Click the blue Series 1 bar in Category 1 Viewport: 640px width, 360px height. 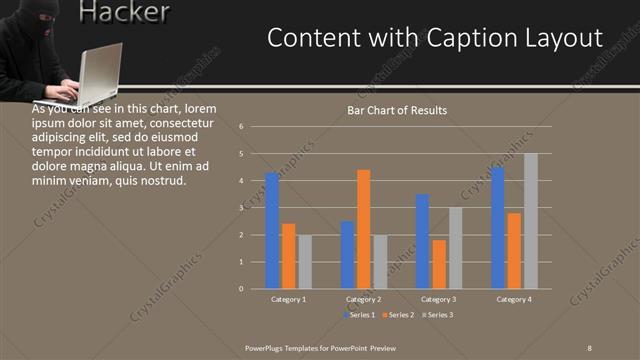(272, 231)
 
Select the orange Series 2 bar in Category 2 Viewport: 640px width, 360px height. (363, 229)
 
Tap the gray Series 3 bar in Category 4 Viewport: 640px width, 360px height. (531, 221)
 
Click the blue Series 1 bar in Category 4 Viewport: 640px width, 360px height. (497, 228)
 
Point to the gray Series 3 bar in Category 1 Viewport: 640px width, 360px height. (305, 262)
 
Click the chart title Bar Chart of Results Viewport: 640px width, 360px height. (397, 110)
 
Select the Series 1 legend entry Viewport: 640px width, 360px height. (359, 315)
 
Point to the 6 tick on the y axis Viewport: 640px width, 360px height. (241, 127)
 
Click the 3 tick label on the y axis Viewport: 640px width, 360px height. (241, 208)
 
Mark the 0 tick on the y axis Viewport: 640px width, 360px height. (241, 289)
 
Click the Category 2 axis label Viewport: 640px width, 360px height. (363, 299)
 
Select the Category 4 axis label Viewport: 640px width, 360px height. (513, 299)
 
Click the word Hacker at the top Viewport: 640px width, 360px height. (123, 13)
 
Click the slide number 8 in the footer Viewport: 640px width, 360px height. (590, 345)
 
